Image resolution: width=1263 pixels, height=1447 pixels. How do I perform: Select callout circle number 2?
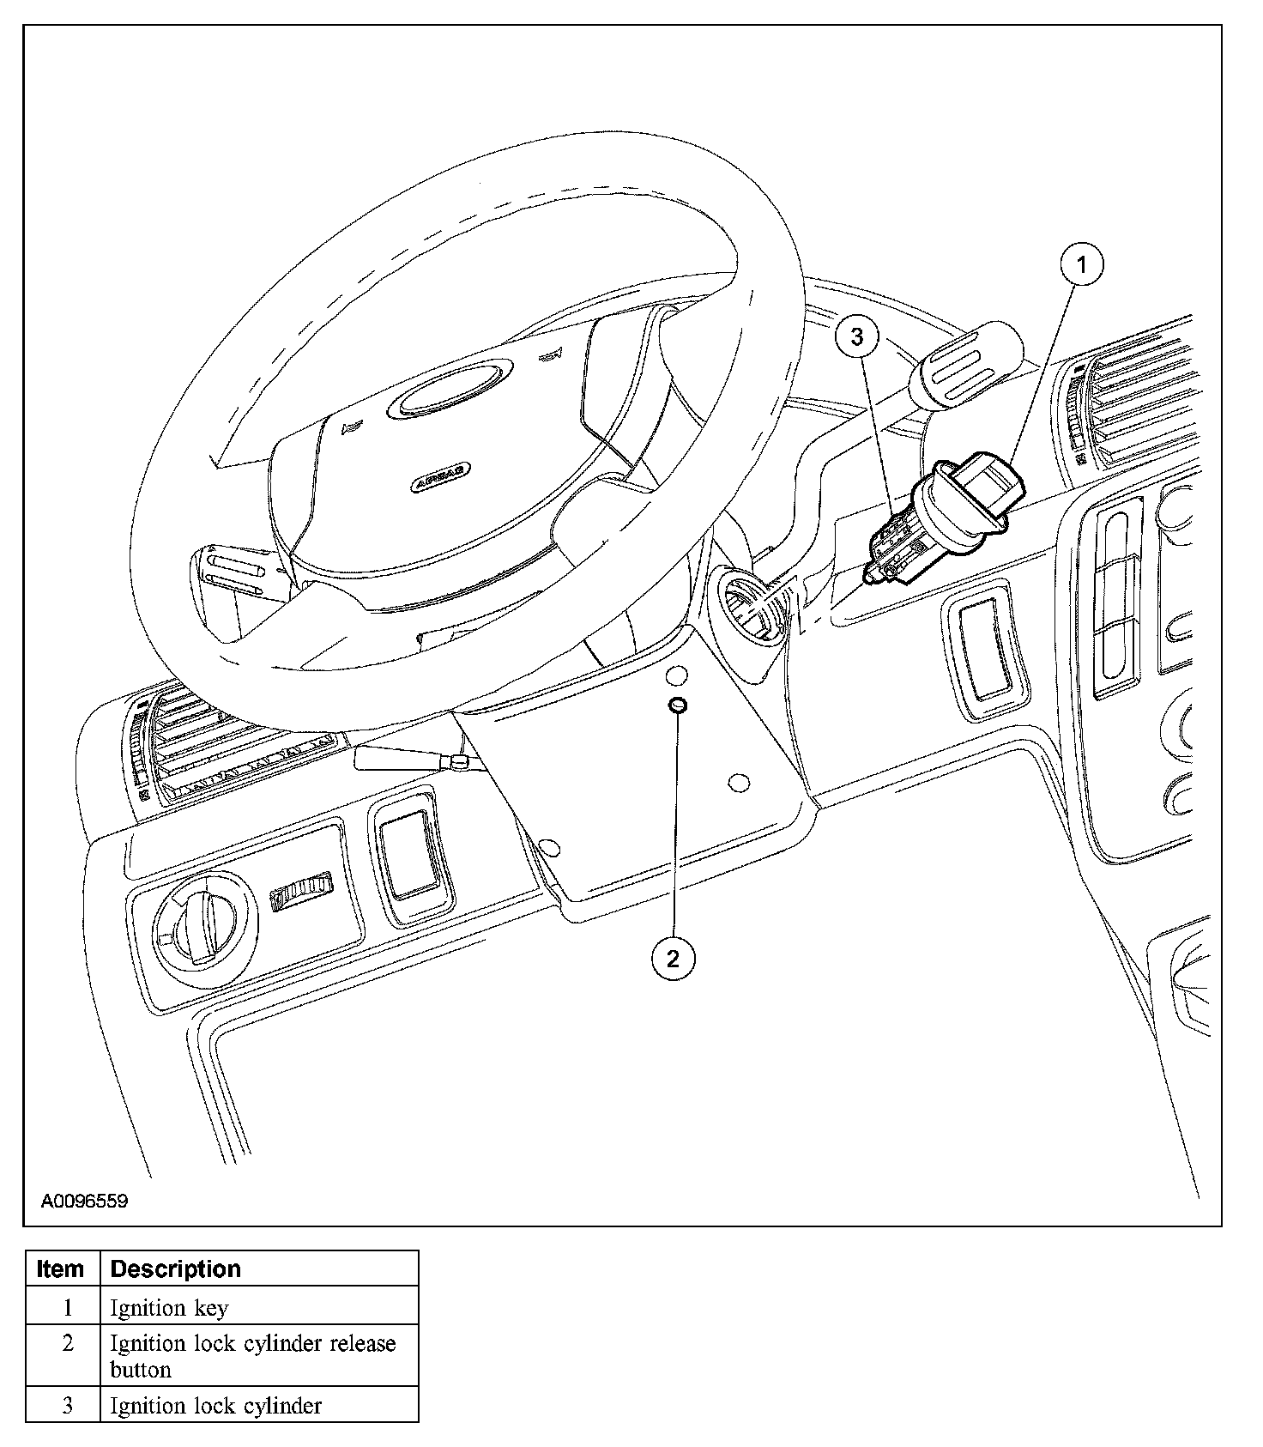pyautogui.click(x=672, y=958)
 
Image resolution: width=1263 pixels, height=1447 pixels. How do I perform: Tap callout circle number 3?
pyautogui.click(x=856, y=337)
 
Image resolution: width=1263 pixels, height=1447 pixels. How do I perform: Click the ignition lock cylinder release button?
pyautogui.click(x=676, y=705)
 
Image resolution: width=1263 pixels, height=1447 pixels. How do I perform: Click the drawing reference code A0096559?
pyautogui.click(x=84, y=1201)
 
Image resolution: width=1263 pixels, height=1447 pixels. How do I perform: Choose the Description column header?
pyautogui.click(x=176, y=1268)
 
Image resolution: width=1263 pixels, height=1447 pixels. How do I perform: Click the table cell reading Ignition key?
pyautogui.click(x=169, y=1308)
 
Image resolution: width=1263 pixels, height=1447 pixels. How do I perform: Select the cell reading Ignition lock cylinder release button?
pyautogui.click(x=253, y=1355)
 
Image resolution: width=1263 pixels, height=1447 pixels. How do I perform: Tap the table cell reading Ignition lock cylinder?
pyautogui.click(x=215, y=1405)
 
